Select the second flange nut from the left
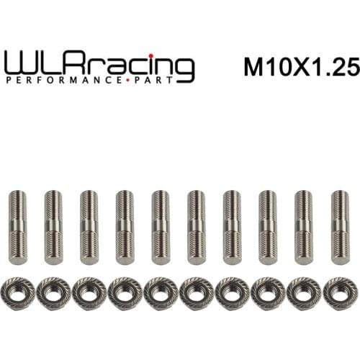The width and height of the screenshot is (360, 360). tap(53, 292)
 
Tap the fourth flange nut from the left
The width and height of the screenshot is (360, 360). tap(125, 292)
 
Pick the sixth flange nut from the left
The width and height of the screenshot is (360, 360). tap(197, 292)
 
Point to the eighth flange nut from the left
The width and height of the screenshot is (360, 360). tap(268, 292)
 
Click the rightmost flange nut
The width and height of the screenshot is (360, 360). tap(340, 292)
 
